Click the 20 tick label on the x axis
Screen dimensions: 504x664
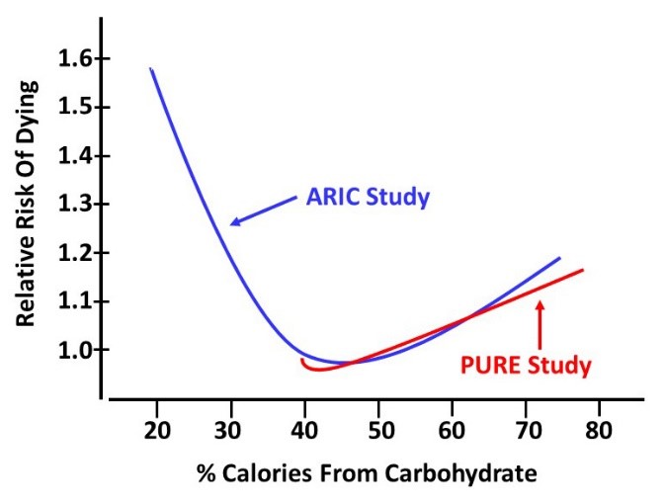[155, 432]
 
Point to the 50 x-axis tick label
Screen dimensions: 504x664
[377, 432]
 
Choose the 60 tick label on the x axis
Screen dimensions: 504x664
[452, 432]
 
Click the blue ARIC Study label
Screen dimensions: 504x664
[369, 198]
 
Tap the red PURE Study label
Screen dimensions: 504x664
[526, 366]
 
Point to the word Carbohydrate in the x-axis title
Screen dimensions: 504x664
[472, 474]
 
